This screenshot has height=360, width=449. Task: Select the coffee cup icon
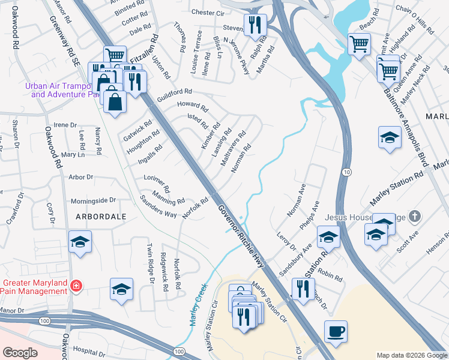tap(336, 331)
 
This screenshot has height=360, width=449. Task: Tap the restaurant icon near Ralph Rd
tap(255, 25)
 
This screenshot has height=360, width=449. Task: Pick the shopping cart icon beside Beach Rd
tap(359, 44)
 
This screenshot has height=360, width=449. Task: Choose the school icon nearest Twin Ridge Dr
tap(121, 289)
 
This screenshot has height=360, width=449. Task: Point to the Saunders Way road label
tap(158, 206)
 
